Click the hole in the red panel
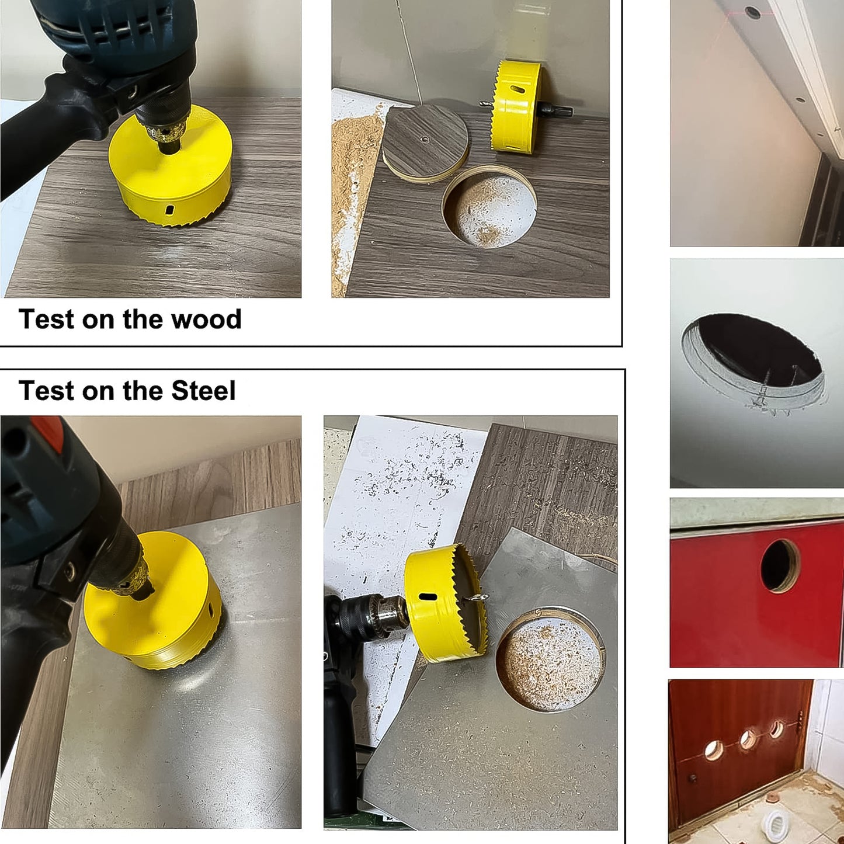tap(780, 565)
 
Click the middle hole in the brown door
tap(747, 740)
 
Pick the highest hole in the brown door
tap(776, 729)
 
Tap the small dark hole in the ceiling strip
tap(753, 12)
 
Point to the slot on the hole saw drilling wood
tap(169, 210)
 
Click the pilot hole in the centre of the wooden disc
tap(425, 140)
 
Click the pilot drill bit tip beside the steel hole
tap(480, 598)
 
